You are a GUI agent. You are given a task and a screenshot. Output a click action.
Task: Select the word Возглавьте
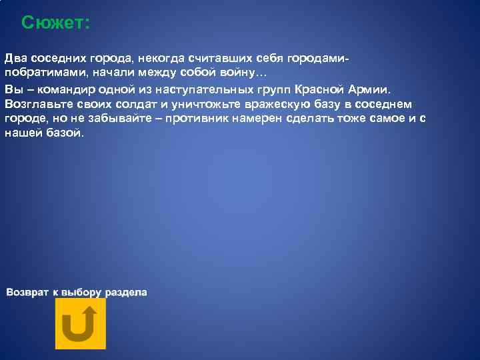coord(39,104)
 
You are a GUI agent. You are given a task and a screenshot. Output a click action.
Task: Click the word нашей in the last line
coord(22,133)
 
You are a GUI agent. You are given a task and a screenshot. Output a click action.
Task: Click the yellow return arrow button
coord(80,323)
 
